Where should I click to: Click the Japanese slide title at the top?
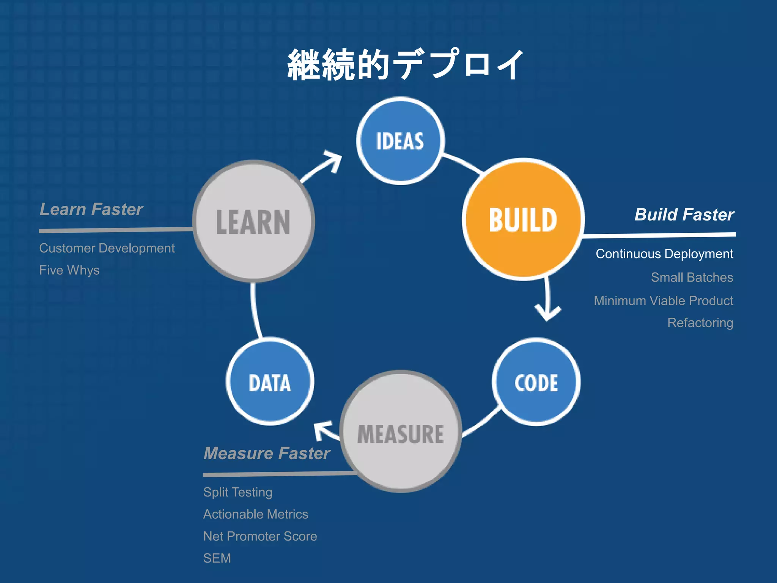tap(405, 65)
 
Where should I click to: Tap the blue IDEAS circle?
tap(400, 141)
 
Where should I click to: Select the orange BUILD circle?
tap(523, 220)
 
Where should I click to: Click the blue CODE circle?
tap(536, 382)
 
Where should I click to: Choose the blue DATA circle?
tap(270, 382)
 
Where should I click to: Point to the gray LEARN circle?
tap(253, 222)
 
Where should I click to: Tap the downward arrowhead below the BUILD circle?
tap(547, 313)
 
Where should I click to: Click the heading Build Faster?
tap(684, 215)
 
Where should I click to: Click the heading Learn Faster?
tap(91, 210)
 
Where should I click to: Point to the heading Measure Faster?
tap(267, 453)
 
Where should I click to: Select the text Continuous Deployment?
tap(664, 254)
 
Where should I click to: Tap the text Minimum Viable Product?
tap(663, 301)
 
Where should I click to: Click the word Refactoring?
tap(700, 323)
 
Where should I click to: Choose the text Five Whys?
tap(69, 270)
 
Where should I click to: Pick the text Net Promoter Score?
tap(260, 536)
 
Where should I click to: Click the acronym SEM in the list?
tap(217, 558)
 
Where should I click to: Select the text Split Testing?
tap(238, 492)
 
